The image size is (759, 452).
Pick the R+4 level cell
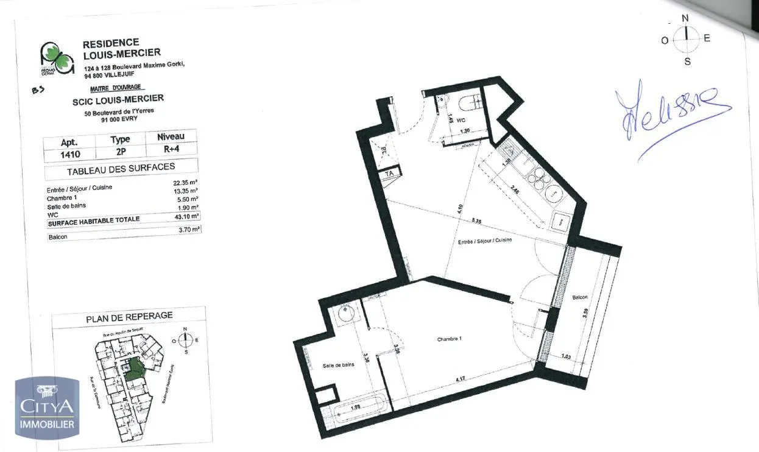pyautogui.click(x=171, y=148)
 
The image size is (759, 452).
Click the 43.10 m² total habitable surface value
pyautogui.click(x=186, y=216)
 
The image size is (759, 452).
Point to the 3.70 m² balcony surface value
pyautogui.click(x=189, y=229)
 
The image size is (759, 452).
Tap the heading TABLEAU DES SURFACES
pyautogui.click(x=121, y=168)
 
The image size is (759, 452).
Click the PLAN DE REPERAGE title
pyautogui.click(x=129, y=316)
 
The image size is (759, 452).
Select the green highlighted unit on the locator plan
pyautogui.click(x=133, y=368)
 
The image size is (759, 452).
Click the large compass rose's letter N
pyautogui.click(x=685, y=18)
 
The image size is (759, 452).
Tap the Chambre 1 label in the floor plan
pyautogui.click(x=449, y=339)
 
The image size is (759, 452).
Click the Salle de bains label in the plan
pyautogui.click(x=338, y=365)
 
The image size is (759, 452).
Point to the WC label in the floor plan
pyautogui.click(x=461, y=121)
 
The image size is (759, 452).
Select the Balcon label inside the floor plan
pyautogui.click(x=579, y=297)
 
